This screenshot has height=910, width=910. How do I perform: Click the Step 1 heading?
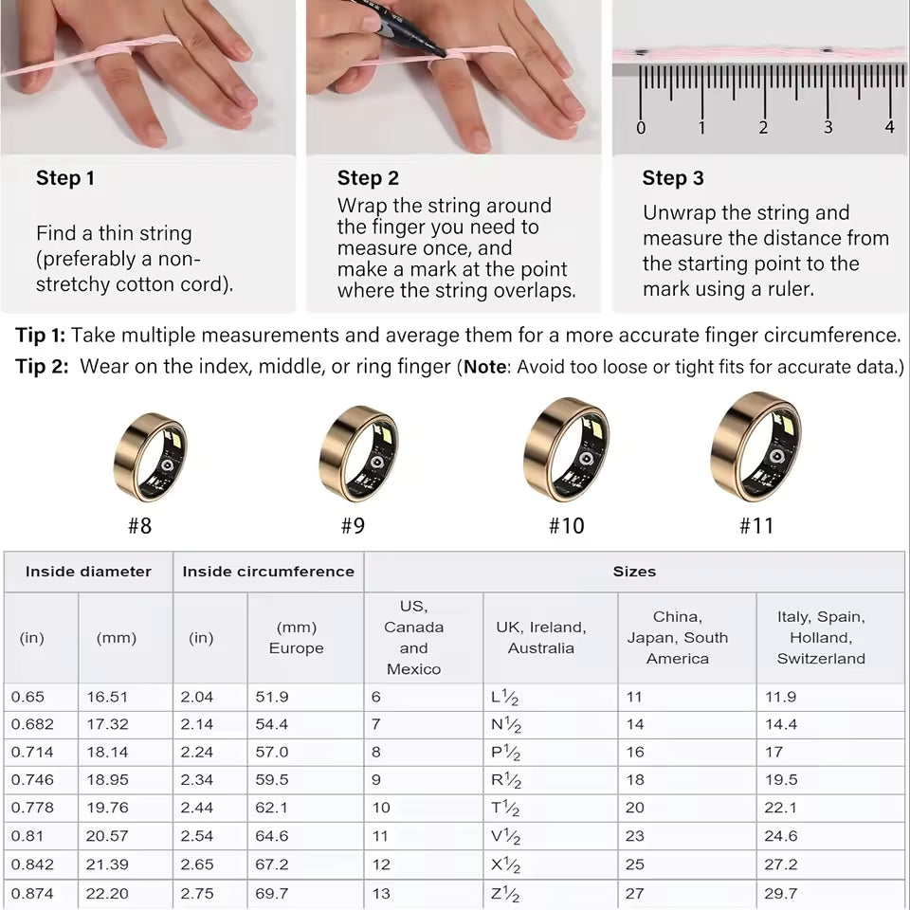65,177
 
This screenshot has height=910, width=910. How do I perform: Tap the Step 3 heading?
673,177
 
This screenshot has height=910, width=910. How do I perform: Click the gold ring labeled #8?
151,457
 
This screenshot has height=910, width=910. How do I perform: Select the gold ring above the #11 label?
755,446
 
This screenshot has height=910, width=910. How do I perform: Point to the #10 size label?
567,526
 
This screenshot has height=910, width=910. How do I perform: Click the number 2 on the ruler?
763,127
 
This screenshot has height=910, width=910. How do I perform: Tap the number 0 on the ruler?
641,128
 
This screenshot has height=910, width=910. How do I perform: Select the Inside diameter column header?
88,572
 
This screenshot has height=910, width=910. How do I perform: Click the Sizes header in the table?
634,572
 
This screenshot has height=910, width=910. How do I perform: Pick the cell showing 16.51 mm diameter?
107,697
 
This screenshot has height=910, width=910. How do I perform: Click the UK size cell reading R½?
506,779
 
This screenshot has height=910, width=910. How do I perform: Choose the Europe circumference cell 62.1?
272,808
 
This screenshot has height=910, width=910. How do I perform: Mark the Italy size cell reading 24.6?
780,836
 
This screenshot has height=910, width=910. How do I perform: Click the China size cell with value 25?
635,864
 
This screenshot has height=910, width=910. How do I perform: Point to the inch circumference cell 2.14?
197,724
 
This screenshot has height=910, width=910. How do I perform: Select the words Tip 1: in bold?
40,335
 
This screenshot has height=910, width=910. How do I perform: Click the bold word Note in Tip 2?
484,367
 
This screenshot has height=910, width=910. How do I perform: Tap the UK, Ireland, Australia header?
541,638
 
